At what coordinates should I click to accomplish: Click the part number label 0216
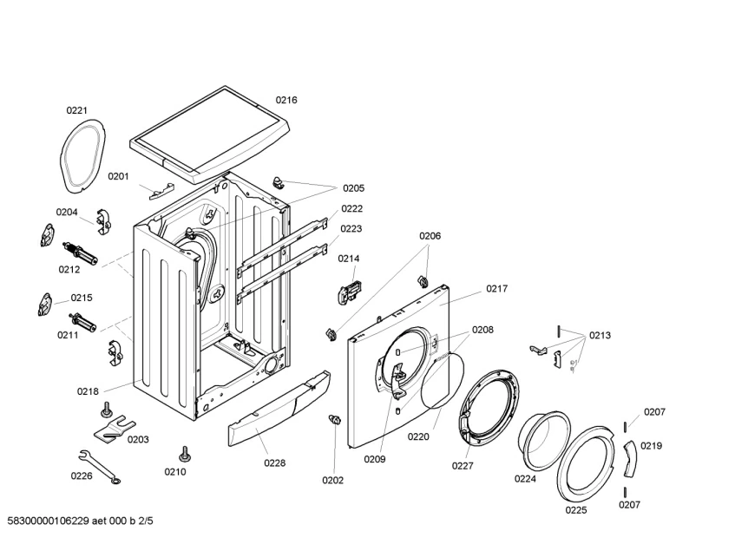(x=286, y=100)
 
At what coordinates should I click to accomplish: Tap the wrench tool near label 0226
(x=100, y=466)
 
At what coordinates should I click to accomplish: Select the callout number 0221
(x=76, y=110)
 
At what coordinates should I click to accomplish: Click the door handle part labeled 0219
(x=629, y=459)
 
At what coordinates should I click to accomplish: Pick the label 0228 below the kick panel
(x=275, y=463)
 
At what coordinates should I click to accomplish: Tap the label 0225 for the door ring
(x=576, y=510)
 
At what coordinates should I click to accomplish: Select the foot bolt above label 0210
(x=184, y=454)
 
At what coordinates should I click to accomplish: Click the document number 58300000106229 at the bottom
(x=49, y=521)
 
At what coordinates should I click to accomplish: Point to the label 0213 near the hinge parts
(x=600, y=336)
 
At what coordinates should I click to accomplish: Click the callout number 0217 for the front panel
(x=497, y=289)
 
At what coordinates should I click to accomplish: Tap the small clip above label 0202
(x=335, y=419)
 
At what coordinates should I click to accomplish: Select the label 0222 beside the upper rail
(x=352, y=209)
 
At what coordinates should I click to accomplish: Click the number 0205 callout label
(x=353, y=188)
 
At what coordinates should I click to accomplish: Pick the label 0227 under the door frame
(x=463, y=466)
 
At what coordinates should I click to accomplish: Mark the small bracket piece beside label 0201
(x=161, y=191)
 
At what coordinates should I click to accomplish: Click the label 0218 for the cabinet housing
(x=89, y=391)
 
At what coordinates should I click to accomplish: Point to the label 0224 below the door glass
(x=526, y=479)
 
